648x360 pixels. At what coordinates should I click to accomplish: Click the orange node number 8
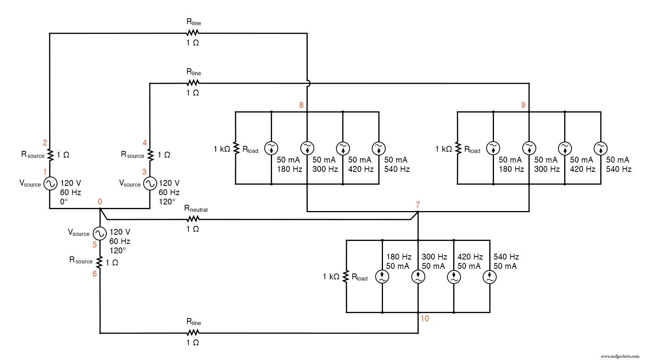point(301,105)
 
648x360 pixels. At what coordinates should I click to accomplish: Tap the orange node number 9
point(523,105)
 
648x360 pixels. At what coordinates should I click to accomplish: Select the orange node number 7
point(418,205)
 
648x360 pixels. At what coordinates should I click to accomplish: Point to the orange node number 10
point(424,318)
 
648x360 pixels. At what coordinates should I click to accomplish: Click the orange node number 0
point(100,202)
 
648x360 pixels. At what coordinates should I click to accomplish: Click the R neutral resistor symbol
point(193,219)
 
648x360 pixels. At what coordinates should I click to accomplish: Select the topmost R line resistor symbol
point(193,33)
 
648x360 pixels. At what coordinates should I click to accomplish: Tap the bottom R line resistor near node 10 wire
point(193,333)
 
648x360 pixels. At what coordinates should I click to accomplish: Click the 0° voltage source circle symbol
point(50,183)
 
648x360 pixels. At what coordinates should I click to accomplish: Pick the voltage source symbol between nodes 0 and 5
point(100,233)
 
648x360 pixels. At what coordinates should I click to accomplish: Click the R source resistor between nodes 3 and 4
point(150,155)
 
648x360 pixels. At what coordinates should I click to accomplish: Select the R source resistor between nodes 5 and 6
point(100,263)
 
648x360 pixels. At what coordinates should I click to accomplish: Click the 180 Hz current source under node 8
point(271,148)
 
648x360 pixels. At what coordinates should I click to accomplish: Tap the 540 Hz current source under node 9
point(600,148)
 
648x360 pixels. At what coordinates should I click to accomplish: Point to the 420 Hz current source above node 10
point(454,277)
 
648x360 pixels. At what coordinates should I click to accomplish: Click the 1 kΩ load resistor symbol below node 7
point(346,277)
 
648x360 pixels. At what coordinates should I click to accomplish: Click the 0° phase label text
point(64,202)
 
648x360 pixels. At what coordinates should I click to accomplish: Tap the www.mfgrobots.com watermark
point(620,356)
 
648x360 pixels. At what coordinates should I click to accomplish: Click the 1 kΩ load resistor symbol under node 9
point(457,148)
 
